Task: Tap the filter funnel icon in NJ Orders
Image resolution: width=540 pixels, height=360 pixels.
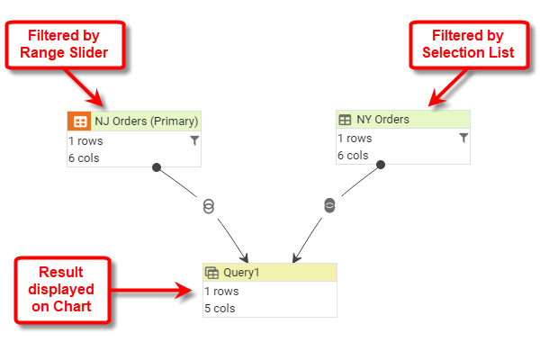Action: tap(193, 140)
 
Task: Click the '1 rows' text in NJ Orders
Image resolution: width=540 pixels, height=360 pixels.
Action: tap(85, 140)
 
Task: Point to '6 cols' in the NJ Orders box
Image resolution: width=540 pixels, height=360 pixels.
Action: tap(84, 158)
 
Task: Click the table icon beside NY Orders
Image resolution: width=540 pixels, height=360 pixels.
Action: tap(345, 120)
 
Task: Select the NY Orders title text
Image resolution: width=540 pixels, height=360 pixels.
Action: tap(382, 120)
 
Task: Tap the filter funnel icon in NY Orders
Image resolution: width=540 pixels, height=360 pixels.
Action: tap(463, 138)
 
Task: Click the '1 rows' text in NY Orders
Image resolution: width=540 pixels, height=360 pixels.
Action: tap(355, 139)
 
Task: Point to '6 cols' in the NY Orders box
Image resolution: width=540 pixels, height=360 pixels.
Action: tap(353, 156)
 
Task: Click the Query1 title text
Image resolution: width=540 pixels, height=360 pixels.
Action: tap(241, 273)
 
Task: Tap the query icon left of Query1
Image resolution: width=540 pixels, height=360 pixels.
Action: tap(212, 273)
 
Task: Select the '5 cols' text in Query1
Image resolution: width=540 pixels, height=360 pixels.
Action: tap(220, 309)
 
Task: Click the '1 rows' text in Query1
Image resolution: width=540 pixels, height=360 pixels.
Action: tap(221, 292)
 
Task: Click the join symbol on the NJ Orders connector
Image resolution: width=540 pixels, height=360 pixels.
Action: tap(209, 207)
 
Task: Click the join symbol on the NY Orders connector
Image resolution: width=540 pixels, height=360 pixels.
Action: tap(329, 205)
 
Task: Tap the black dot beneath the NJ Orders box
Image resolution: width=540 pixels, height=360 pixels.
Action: tap(157, 166)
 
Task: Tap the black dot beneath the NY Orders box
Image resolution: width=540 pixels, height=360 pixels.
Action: tap(381, 165)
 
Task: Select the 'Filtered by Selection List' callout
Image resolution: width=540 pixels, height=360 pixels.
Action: tap(469, 44)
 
